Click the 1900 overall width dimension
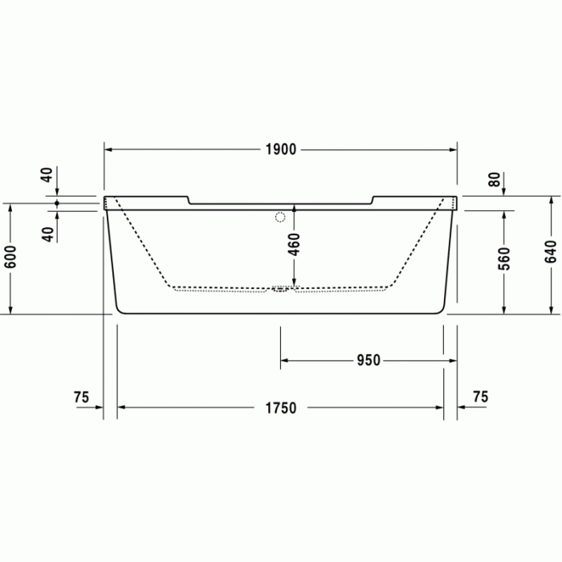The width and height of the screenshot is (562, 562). click(281, 149)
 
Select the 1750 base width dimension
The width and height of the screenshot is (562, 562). click(281, 408)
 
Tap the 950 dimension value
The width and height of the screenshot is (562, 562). click(368, 360)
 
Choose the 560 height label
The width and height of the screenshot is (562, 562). click(504, 256)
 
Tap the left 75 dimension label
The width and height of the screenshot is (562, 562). click(80, 397)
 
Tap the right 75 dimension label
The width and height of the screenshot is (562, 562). click(480, 397)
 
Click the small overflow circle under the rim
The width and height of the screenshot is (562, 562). click(280, 216)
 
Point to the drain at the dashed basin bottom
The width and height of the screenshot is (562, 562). click(279, 290)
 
